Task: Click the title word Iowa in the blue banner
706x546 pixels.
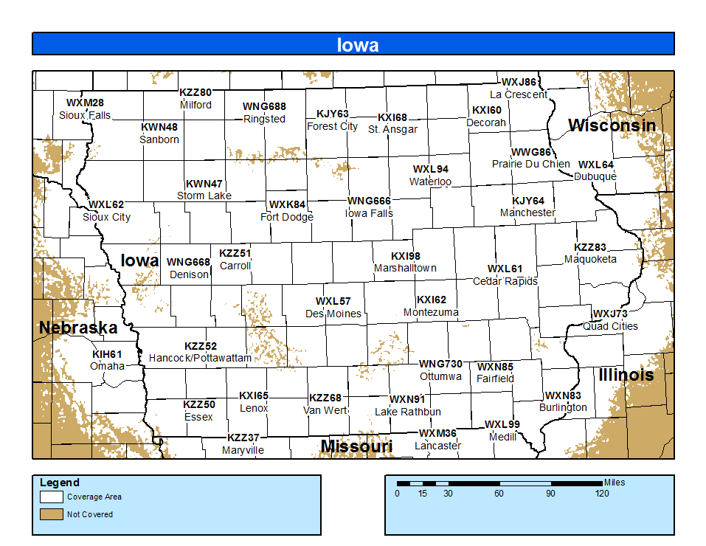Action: coord(358,45)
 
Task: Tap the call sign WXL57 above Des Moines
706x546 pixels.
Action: coord(333,301)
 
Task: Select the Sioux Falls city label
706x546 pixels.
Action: coord(85,115)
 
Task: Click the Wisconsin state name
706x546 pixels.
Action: coord(612,125)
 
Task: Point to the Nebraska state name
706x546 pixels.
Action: coord(78,328)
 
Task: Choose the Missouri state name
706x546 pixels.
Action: coord(356,446)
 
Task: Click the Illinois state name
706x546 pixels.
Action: coord(626,375)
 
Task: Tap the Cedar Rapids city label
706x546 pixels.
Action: coord(505,281)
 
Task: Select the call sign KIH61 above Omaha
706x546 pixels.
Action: coord(106,354)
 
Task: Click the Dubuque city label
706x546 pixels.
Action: coord(595,176)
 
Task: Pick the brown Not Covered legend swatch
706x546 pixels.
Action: coord(50,514)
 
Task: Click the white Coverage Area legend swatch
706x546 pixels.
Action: coord(50,497)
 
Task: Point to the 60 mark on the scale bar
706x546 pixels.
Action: coord(499,494)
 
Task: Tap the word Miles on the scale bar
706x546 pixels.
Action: coord(614,483)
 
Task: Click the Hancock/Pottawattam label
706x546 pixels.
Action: coord(200,358)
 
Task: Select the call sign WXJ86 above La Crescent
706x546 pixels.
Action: coord(519,82)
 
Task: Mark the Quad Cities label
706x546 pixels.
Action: coord(611,326)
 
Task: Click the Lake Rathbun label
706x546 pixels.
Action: coord(408,412)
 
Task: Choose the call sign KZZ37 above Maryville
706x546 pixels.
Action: coord(243,438)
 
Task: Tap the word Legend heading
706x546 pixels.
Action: coord(60,483)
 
